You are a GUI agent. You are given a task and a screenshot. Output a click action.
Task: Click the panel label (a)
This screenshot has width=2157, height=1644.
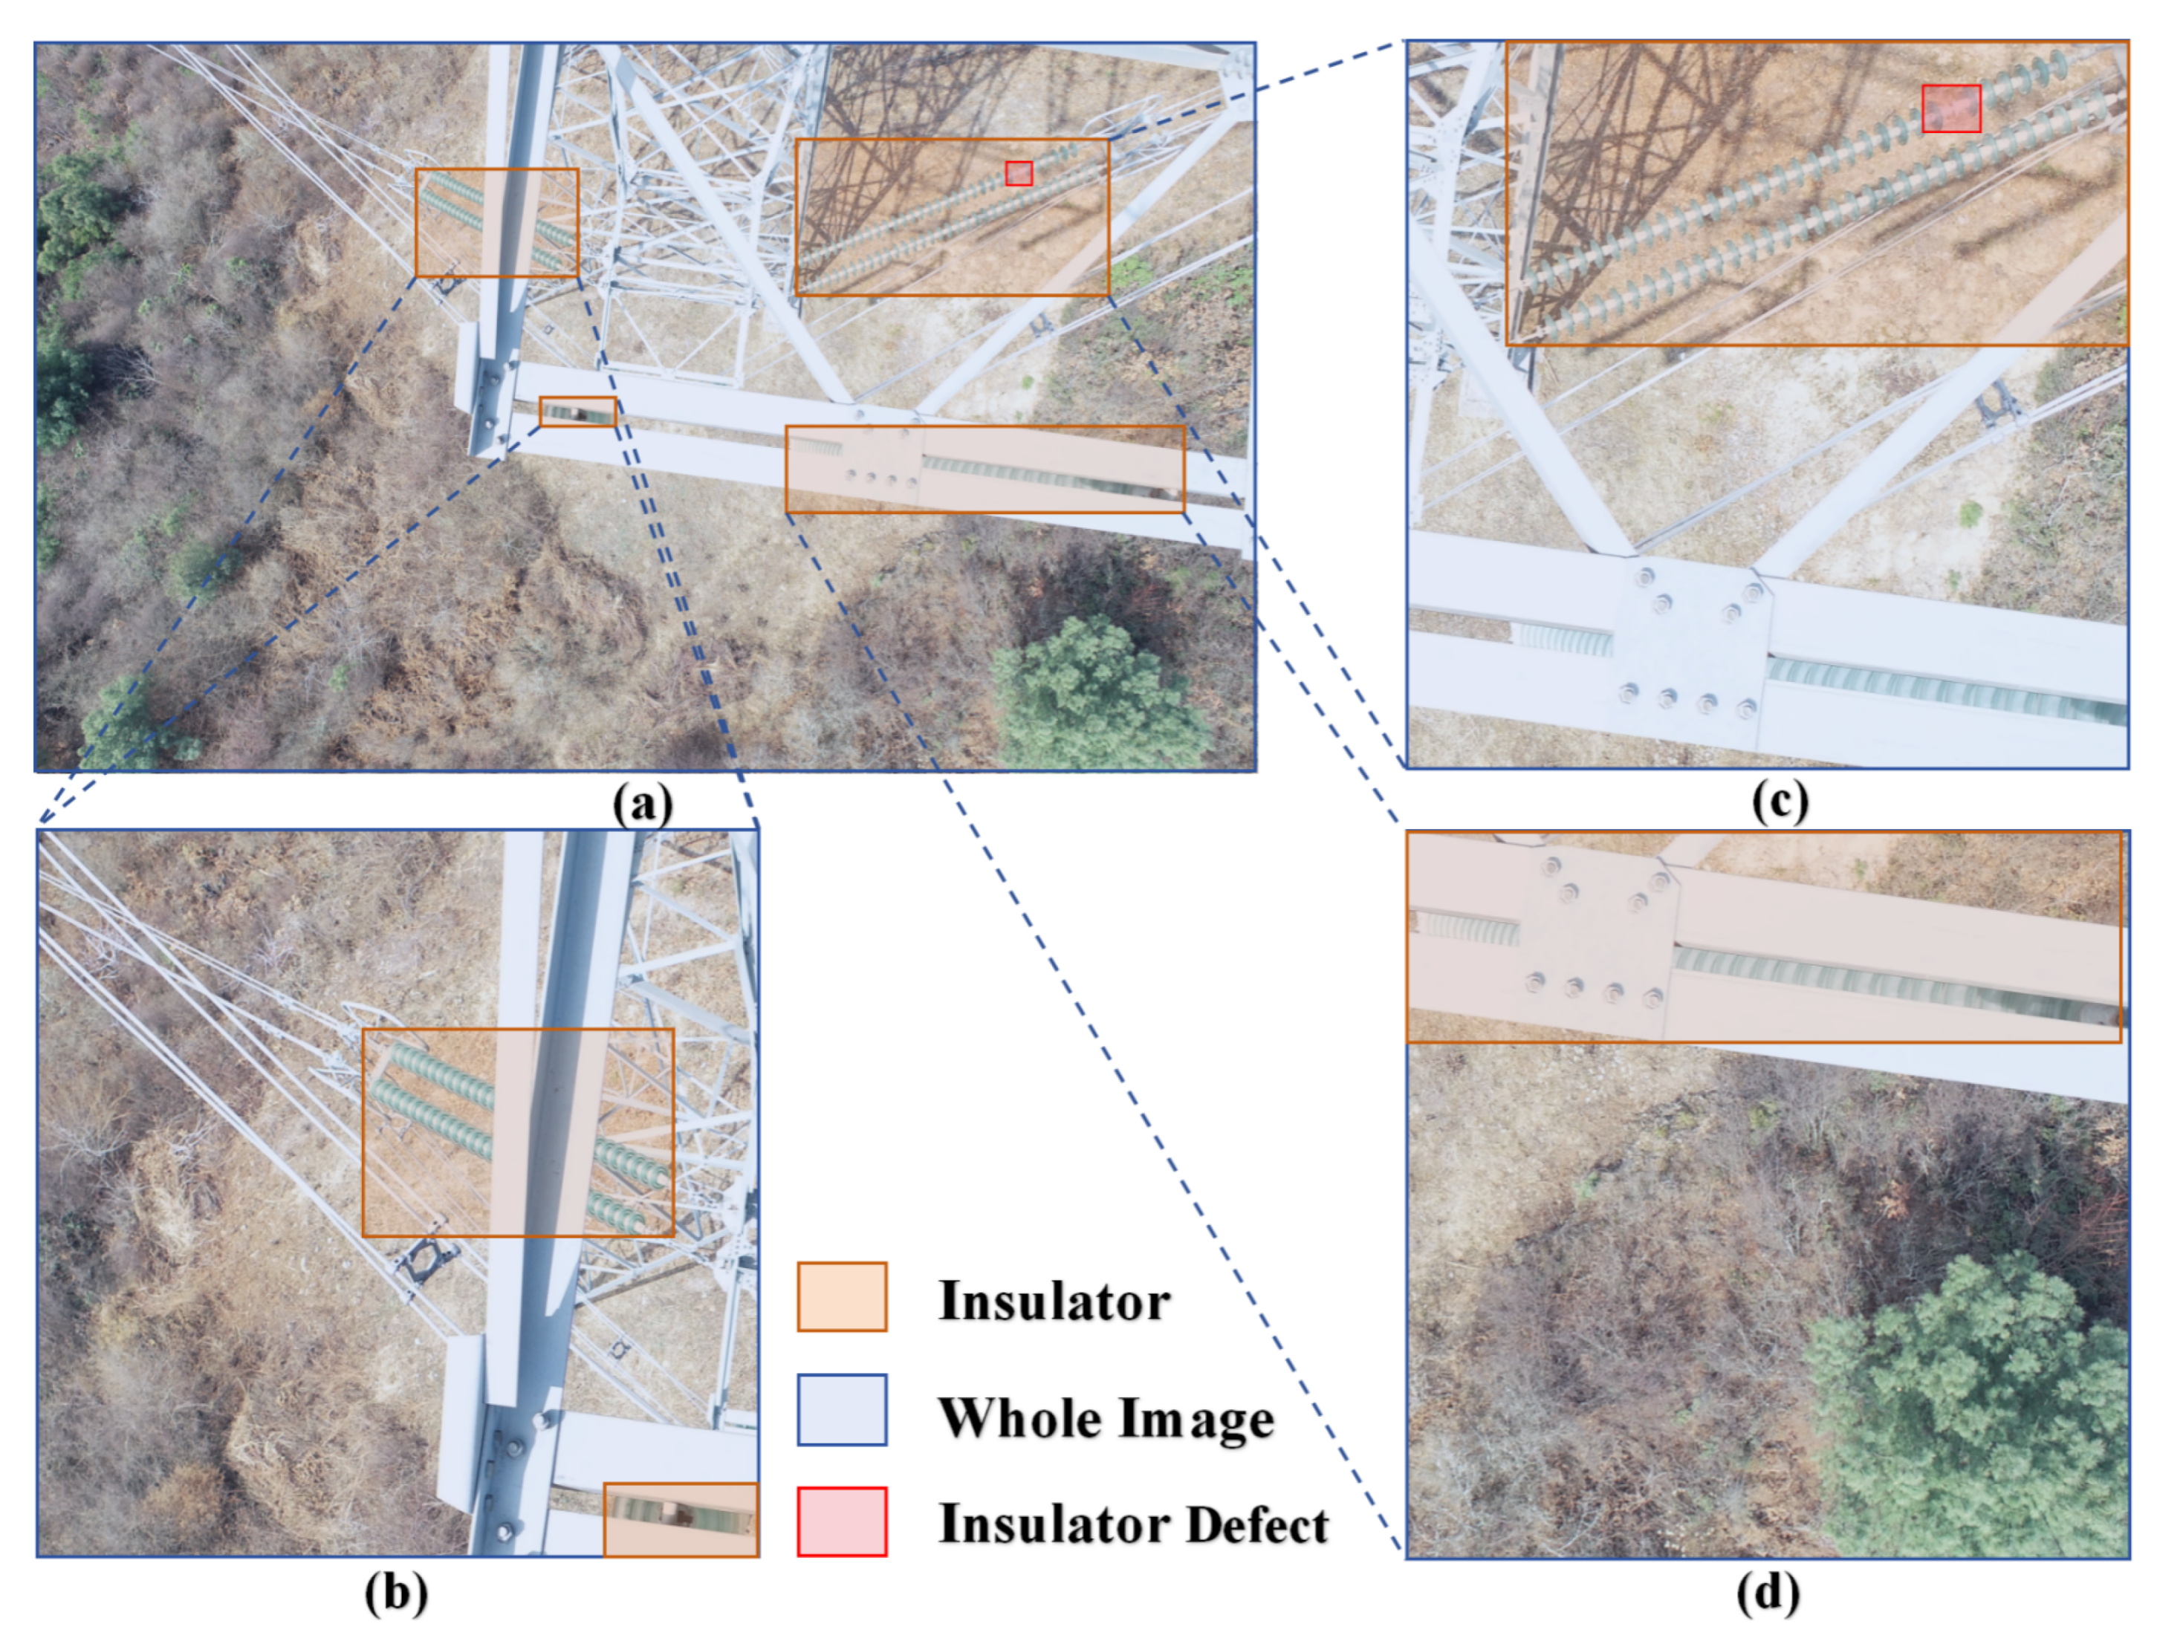coord(643,805)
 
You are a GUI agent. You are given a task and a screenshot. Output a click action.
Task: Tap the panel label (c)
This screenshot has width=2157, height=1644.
coord(1780,802)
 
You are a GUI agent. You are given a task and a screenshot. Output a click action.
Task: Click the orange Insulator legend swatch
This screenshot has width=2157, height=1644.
coord(842,1296)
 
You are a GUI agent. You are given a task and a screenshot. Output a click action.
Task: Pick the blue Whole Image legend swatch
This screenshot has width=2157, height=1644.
coord(842,1409)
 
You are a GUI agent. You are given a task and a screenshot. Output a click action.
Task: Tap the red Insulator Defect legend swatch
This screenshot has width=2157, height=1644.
coord(842,1521)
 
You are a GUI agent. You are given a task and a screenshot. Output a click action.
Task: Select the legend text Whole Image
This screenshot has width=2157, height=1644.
coord(1106,1417)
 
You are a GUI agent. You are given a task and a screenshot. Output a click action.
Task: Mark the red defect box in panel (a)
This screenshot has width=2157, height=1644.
coord(1019,173)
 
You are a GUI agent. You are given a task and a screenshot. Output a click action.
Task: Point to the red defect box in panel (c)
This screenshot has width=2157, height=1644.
coord(1951,108)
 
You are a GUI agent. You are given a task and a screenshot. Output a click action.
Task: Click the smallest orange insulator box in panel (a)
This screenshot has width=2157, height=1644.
coord(577,412)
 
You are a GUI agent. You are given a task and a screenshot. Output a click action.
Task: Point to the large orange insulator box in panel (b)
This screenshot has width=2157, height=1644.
coord(518,1132)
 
